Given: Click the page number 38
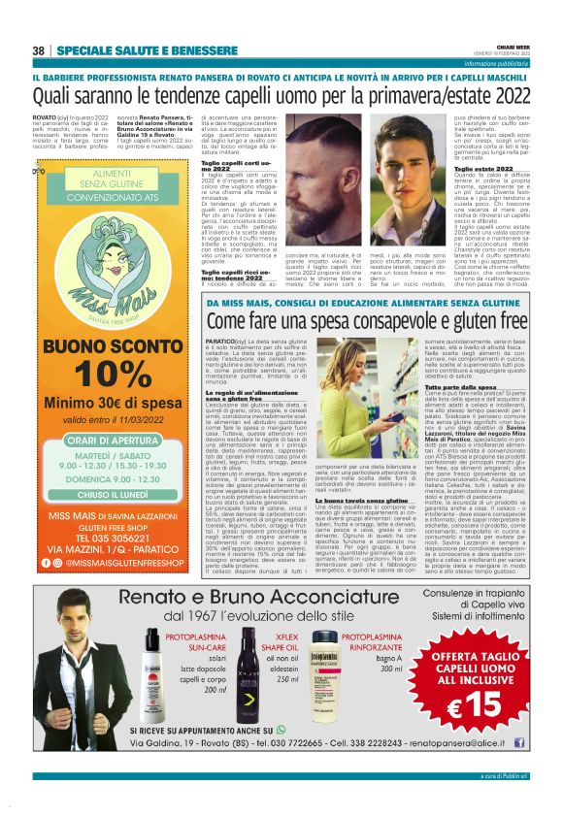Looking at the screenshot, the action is [39, 50].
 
